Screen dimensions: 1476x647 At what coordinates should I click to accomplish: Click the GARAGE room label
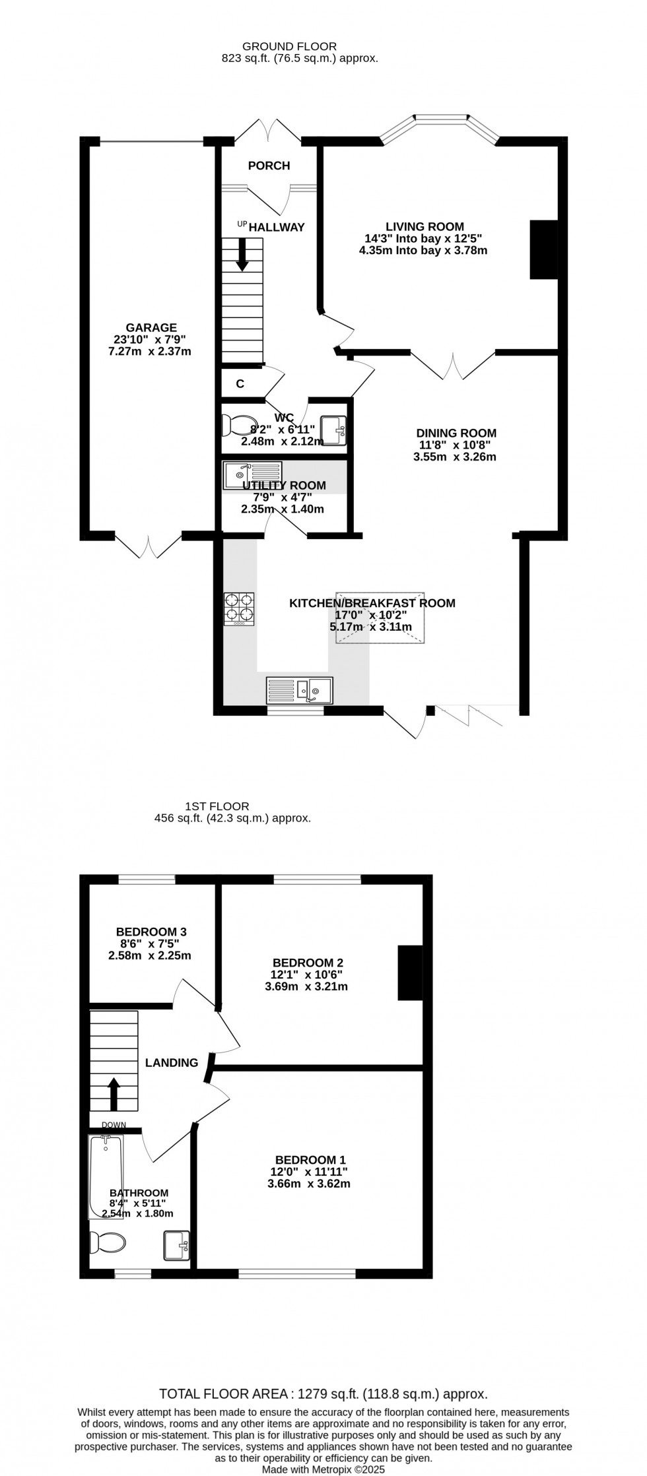[x=151, y=328]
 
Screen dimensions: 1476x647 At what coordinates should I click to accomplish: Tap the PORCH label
[x=269, y=166]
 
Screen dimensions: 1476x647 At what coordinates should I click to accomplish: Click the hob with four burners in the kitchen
[x=239, y=609]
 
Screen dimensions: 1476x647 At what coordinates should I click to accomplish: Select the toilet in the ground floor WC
[x=238, y=426]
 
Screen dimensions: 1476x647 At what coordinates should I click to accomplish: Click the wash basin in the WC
[x=333, y=431]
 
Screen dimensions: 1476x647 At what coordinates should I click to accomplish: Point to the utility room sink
[x=252, y=475]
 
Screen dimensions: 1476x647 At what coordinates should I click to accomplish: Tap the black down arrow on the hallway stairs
[x=242, y=254]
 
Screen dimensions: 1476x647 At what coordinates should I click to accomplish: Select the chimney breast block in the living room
[x=545, y=250]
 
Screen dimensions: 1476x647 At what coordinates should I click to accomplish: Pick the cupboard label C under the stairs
[x=240, y=384]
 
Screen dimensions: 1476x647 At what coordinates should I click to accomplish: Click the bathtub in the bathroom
[x=106, y=1176]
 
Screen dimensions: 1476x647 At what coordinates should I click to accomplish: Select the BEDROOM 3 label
[x=151, y=932]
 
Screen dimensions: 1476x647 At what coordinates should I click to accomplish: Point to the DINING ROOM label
[x=456, y=433]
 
